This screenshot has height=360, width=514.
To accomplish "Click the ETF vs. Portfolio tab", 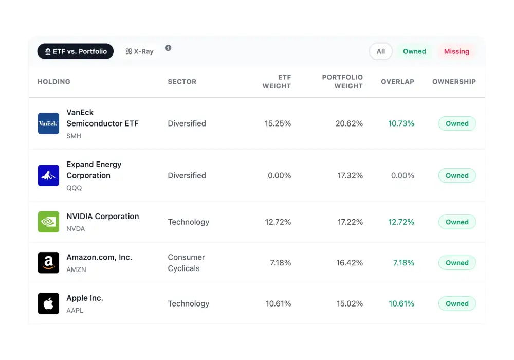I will (76, 51).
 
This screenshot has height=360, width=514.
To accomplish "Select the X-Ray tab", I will (139, 51).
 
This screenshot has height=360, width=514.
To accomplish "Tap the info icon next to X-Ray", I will (168, 48).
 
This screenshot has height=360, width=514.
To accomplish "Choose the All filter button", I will (380, 51).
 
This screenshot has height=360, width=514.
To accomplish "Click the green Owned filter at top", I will (414, 51).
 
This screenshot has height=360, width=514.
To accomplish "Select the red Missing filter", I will (456, 51).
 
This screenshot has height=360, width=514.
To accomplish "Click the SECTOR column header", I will (182, 82).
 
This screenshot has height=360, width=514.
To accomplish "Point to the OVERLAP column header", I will (397, 82).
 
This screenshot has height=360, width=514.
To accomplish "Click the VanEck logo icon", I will (48, 123).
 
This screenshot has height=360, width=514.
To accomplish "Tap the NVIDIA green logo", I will (48, 222).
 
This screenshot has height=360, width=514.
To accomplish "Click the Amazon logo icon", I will (48, 263).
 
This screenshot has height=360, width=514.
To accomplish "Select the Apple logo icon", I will (48, 303).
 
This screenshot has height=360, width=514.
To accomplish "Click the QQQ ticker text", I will (74, 188).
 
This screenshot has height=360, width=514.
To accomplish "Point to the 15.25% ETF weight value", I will (278, 123).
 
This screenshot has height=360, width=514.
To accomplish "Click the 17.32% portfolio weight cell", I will (350, 175).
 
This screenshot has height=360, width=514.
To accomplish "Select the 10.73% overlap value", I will (401, 123).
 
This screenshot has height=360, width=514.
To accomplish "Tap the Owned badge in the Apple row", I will (457, 303).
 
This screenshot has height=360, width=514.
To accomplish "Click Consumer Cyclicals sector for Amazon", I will (186, 263).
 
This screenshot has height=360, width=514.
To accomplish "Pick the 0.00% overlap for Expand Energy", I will (402, 175).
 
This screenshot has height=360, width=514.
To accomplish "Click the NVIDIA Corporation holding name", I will (102, 217).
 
